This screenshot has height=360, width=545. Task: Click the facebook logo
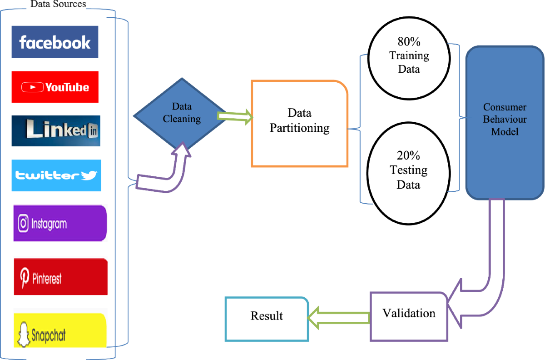[55, 42]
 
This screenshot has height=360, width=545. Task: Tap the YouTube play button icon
[33, 87]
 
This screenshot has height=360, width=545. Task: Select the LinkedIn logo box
[56, 131]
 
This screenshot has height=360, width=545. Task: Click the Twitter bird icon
[89, 175]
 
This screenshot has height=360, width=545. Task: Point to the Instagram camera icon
[23, 223]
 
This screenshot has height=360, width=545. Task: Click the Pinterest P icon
[25, 278]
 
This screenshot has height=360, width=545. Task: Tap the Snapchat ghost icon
[24, 334]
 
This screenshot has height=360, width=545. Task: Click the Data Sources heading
[58, 4]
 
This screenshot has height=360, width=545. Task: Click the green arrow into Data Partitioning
[235, 116]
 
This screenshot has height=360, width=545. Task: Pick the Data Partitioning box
[300, 124]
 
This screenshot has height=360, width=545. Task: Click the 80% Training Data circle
[409, 58]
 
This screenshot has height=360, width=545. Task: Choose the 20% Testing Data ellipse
[409, 173]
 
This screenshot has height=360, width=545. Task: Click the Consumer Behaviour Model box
[505, 123]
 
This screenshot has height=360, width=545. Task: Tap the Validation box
[409, 316]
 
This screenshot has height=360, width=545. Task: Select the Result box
[267, 319]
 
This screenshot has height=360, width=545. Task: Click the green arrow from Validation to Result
[339, 318]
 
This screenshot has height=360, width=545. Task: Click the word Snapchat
[49, 335]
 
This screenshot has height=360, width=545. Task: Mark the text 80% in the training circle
[409, 42]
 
